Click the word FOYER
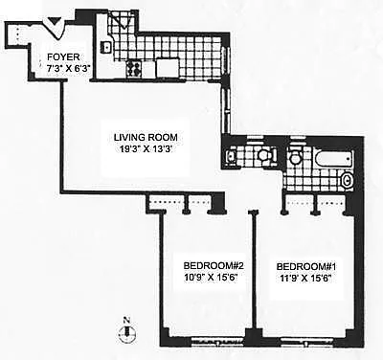point(63,57)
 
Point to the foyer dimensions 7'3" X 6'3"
point(64,68)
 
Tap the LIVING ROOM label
point(146,138)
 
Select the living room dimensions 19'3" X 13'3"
point(146,149)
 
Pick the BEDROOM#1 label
point(306,266)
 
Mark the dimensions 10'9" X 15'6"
point(212,278)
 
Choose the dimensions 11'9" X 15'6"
point(306,279)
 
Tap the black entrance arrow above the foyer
point(56,22)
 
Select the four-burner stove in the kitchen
point(134,69)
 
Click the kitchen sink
point(106,47)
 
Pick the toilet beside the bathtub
point(295,156)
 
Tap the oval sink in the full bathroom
point(348,181)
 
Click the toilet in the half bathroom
point(267,156)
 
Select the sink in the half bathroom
point(231,156)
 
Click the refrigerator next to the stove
point(168,68)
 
